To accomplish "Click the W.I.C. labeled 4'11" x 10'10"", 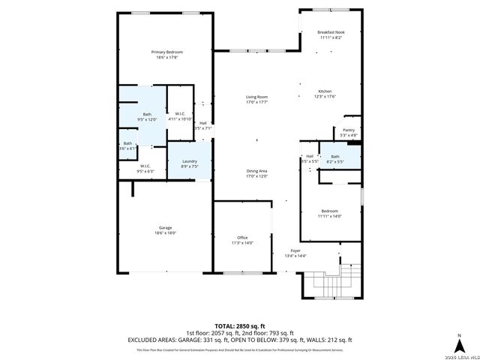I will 180,115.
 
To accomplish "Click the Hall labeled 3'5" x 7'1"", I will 203,125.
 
